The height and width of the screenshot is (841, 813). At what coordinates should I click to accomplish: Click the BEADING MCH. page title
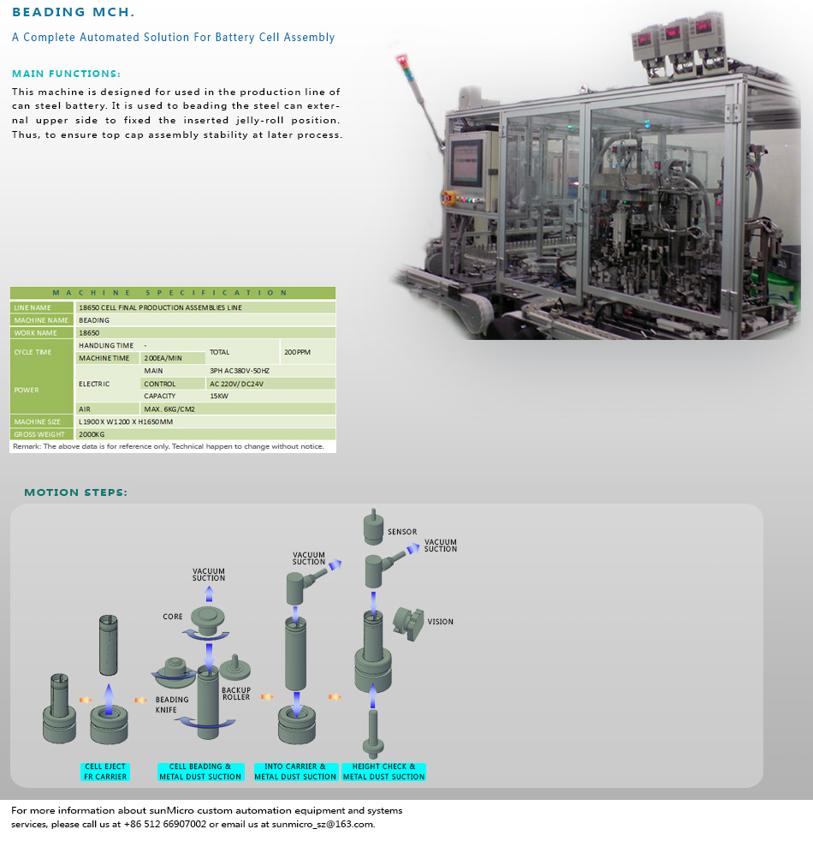coord(74,12)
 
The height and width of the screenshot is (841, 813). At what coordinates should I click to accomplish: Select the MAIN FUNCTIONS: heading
coord(66,74)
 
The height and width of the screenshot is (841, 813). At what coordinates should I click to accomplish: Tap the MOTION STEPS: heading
coord(75,492)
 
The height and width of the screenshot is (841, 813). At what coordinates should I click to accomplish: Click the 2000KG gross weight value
coord(92,434)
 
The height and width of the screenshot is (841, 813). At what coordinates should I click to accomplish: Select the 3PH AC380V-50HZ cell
coord(239,370)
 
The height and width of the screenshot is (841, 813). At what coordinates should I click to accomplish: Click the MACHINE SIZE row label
coord(38,421)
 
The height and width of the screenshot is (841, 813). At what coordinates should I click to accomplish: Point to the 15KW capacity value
coord(219,396)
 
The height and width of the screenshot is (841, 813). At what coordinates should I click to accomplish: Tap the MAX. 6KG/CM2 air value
coord(169,409)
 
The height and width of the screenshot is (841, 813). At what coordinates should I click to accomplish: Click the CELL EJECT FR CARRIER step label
coord(104,772)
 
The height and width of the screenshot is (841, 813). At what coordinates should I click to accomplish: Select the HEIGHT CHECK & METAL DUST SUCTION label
coord(383,772)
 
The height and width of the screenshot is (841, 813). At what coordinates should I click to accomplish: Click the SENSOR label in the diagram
coord(402,532)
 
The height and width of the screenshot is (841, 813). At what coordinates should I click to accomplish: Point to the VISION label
coord(440,622)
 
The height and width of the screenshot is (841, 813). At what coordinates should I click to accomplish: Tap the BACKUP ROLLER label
coord(236,693)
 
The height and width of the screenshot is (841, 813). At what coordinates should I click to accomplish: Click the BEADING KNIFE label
coord(172,705)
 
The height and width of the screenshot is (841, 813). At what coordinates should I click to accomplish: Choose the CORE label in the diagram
coord(173,617)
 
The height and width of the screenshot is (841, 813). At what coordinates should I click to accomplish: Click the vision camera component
coord(407,622)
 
